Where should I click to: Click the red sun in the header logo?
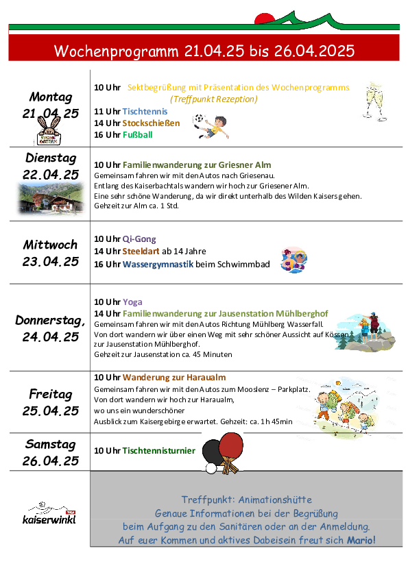[x=265, y=19]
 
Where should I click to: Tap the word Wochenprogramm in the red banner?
[x=116, y=51]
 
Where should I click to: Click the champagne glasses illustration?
[x=375, y=101]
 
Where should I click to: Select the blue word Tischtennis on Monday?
[x=145, y=111]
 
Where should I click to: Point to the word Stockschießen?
[x=151, y=123]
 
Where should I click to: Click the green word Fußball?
[x=137, y=135]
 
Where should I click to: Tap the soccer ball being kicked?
[x=199, y=119]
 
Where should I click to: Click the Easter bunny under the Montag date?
[x=49, y=132]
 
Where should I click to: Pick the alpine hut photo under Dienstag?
[x=51, y=198]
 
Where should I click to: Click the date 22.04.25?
[x=51, y=174]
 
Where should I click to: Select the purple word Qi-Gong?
[x=139, y=239]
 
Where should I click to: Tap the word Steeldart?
[x=141, y=251]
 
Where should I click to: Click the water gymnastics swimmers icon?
[x=293, y=260]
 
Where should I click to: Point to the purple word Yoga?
[x=132, y=302]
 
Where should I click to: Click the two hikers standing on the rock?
[x=370, y=327]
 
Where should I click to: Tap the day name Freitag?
[x=51, y=394]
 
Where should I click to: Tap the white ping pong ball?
[x=211, y=468]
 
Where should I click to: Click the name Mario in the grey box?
[x=361, y=540]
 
